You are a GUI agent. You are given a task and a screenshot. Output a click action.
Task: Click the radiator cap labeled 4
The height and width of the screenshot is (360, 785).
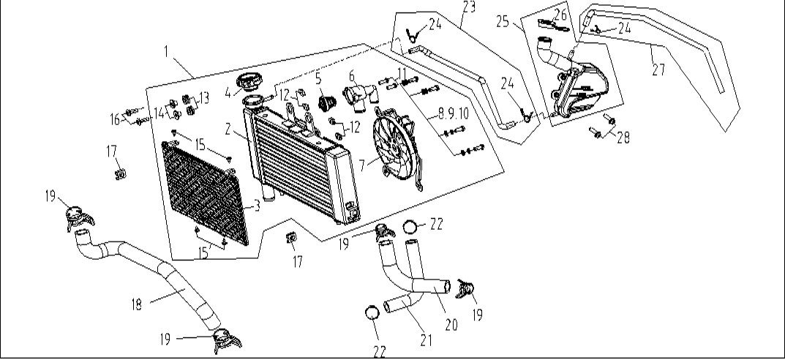(247, 82)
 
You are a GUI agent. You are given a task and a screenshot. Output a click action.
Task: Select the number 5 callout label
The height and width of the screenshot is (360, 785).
(318, 78)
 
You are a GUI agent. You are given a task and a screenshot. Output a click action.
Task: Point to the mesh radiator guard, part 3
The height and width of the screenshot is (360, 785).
(206, 193)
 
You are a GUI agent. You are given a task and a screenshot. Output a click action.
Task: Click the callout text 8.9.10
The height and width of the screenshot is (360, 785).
(453, 113)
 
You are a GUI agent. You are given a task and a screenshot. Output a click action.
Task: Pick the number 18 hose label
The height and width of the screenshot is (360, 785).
(137, 304)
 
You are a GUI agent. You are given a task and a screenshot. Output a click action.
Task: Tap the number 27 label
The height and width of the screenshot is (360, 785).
(658, 69)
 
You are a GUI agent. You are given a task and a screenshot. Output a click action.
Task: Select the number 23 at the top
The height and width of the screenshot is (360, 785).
(469, 7)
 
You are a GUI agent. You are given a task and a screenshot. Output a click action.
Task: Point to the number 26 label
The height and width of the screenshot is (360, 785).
(560, 15)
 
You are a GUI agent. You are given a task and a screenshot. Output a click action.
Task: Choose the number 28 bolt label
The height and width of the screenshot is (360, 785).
(623, 138)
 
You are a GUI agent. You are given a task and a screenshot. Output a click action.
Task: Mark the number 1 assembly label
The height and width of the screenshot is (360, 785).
(166, 50)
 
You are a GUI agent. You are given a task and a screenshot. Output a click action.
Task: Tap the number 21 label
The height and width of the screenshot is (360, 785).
(426, 340)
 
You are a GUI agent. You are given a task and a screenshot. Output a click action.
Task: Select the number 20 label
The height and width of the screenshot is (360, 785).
(451, 325)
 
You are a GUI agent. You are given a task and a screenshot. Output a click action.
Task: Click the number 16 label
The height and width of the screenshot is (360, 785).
(116, 119)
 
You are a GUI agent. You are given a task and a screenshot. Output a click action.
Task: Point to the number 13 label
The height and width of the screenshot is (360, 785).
(203, 98)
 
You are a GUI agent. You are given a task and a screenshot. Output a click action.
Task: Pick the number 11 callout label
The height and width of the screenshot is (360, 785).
(403, 73)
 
